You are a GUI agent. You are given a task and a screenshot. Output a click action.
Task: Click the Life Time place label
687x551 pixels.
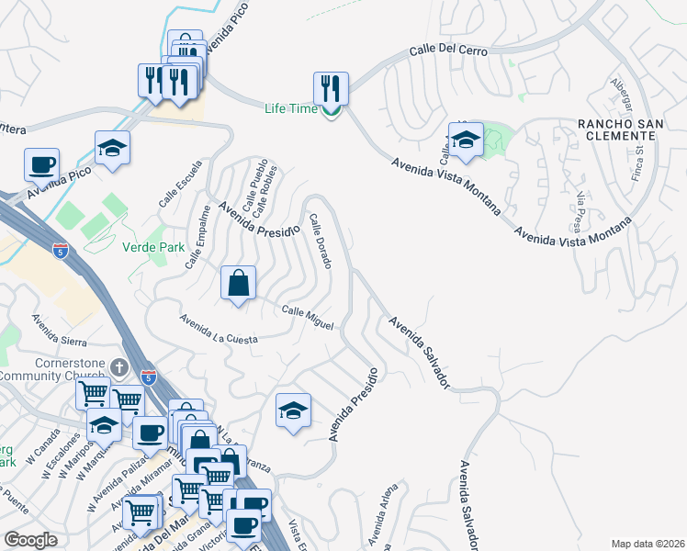(290, 108)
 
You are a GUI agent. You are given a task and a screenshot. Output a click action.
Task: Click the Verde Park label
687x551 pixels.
(152, 247)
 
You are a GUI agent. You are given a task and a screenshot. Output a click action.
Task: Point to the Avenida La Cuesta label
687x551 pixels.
(219, 331)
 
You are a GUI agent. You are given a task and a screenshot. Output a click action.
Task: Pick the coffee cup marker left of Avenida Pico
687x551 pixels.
(42, 165)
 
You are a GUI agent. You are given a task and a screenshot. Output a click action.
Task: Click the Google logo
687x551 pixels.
(31, 540)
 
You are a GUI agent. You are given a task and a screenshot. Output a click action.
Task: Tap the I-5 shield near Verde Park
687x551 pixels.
(59, 252)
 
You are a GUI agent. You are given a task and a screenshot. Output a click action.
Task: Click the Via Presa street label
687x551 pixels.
(579, 211)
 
